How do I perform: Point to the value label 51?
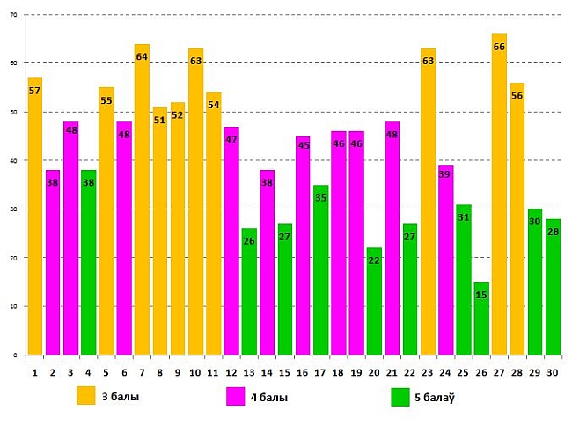coord(159,120)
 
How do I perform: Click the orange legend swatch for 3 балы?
coord(86,395)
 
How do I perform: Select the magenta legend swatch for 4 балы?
coord(236,396)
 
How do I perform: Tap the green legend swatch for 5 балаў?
coord(400,396)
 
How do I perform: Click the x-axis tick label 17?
coord(320,373)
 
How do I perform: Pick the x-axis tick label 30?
coord(553,373)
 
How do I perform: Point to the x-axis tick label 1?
coord(34,373)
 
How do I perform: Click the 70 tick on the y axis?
coord(14,15)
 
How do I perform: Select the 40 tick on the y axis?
coord(14,160)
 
